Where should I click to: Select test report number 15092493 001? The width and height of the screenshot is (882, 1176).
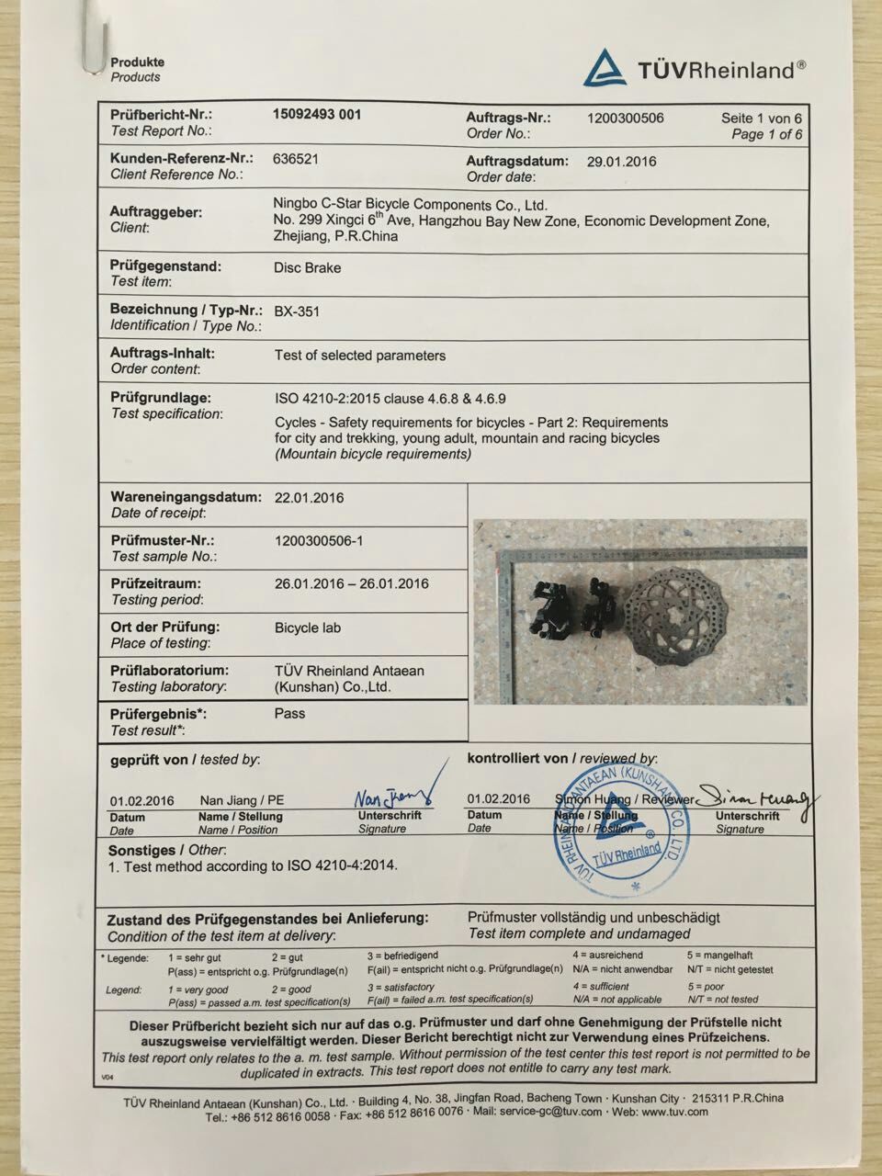317,115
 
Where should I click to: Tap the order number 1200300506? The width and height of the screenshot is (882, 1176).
625,118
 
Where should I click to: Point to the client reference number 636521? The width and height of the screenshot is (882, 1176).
296,158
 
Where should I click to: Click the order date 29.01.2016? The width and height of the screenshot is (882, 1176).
621,162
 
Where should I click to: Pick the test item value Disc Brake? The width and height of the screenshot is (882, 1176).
308,267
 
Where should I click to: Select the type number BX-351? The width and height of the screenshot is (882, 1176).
297,311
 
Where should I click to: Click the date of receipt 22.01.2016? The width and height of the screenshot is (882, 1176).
309,498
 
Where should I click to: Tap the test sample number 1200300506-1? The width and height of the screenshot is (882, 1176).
319,541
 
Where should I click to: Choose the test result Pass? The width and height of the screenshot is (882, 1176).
289,713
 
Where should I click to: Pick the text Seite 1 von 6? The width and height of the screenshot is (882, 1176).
762,119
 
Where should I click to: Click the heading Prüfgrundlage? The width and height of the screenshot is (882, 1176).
161,398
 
